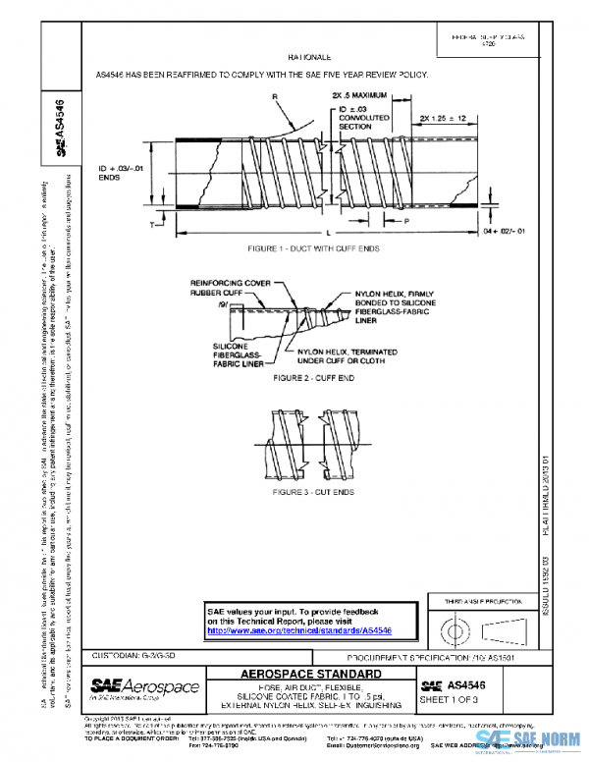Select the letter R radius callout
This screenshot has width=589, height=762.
[275, 96]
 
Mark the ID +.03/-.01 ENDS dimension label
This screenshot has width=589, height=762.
[121, 174]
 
